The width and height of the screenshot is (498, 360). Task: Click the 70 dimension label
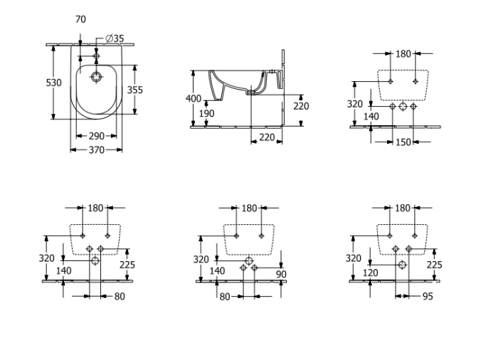point(80,19)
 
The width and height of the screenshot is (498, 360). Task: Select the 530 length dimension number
point(54,83)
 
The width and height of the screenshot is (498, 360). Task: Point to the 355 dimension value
point(134,90)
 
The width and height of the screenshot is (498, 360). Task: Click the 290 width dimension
point(96,135)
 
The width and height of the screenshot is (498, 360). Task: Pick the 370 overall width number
point(96,149)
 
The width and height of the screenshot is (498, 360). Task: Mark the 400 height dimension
point(194,98)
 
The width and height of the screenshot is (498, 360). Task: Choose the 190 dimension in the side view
point(206,114)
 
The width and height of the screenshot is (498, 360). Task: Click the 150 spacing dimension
point(403,142)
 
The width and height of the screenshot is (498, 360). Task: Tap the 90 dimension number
point(281,275)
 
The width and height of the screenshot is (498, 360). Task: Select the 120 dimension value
point(371,272)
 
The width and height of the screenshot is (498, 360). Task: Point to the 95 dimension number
point(427,296)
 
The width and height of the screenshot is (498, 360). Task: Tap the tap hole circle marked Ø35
point(97,54)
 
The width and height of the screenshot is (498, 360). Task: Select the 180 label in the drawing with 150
point(403,53)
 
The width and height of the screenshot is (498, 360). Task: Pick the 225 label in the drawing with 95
point(434,264)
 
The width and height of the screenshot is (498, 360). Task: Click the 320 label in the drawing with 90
point(201,259)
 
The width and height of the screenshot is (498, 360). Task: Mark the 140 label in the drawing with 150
point(371,116)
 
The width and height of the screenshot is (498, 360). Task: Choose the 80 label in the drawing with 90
point(225,296)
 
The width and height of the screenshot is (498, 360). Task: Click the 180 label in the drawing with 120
point(403,208)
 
